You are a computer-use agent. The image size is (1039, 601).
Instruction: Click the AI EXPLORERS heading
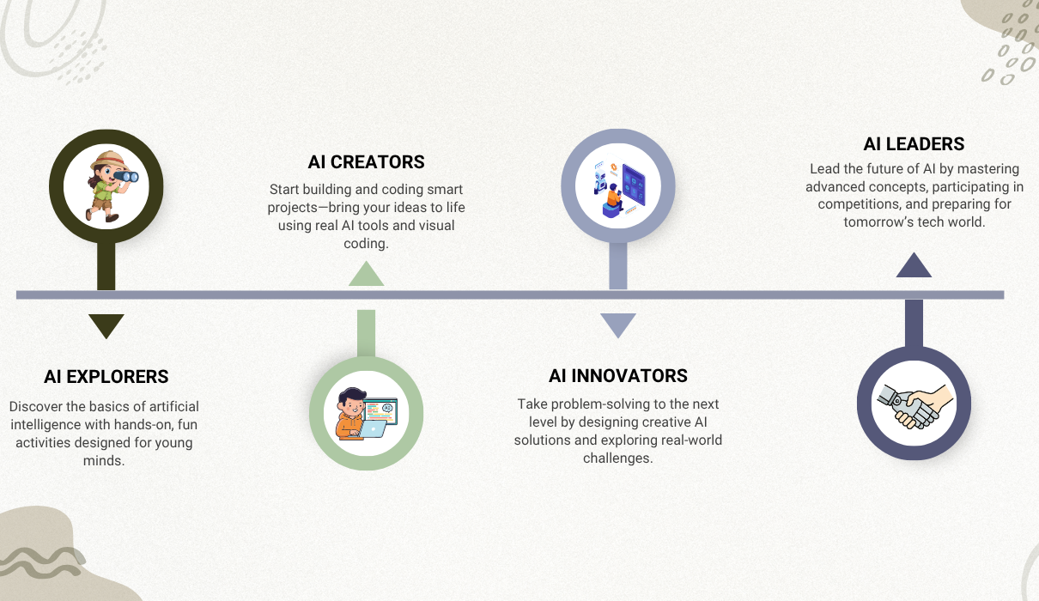106,377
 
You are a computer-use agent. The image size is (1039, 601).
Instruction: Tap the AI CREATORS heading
366,162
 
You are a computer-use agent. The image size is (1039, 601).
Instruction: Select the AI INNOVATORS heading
618,376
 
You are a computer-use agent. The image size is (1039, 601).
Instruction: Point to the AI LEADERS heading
914,143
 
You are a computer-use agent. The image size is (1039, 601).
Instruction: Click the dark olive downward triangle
106,325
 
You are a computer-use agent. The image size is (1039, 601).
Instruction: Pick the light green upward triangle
366,275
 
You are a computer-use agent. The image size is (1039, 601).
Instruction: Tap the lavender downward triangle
618,325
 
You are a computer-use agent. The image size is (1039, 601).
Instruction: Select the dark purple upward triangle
914,266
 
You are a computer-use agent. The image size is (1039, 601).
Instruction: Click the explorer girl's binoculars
126,176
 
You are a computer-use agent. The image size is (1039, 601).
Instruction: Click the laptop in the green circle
373,428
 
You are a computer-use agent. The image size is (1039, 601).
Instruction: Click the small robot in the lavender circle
600,182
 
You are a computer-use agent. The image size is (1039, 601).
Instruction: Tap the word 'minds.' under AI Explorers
104,460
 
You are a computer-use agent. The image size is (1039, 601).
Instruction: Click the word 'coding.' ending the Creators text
366,244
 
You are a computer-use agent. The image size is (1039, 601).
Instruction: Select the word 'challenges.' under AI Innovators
618,458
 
